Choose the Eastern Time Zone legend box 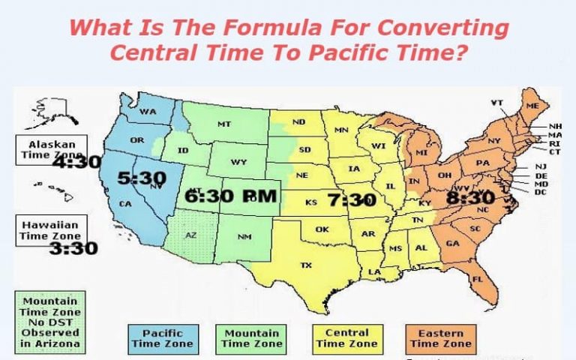point(441,338)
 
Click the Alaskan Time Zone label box point(52,149)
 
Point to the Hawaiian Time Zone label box point(52,229)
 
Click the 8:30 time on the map point(469,198)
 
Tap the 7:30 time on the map point(351,200)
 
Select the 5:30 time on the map point(140,178)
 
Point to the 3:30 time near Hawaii point(73,248)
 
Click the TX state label point(306,265)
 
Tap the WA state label point(147,112)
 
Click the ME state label point(533,107)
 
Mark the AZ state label point(190,235)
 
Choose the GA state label point(453,243)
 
